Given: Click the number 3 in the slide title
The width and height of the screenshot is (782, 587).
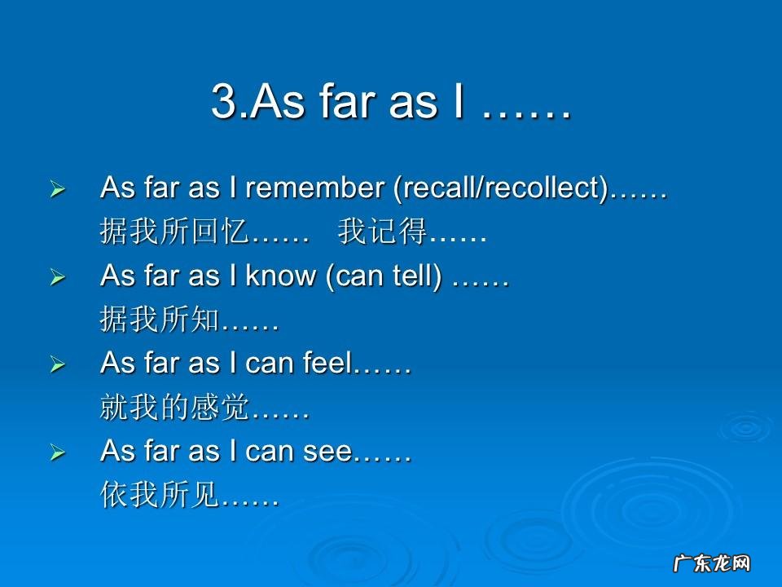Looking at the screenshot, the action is coord(224,101).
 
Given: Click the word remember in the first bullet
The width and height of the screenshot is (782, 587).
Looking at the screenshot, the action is coord(315,188).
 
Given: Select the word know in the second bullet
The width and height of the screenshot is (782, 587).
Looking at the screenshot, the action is coord(281,275).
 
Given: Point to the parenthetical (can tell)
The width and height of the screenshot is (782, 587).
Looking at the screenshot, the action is coord(384,276).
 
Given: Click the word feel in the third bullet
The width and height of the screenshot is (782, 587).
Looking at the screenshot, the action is coord(327,362).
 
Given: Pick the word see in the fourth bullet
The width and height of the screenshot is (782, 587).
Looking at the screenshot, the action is coord(327,451).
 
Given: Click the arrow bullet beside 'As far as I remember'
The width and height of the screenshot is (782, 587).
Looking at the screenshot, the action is coord(58,189).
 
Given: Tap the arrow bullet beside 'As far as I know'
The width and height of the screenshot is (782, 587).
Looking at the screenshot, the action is coord(58,277).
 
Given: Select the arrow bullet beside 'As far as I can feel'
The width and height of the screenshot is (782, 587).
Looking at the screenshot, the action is coord(58,364).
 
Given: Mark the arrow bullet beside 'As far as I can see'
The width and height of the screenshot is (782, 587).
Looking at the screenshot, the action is coord(58,452).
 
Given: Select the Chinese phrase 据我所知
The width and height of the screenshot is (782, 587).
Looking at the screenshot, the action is coord(160,319).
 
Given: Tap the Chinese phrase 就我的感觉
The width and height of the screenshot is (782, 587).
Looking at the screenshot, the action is coord(174,407).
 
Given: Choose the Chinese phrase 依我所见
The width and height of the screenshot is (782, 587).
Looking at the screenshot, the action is coord(160,495).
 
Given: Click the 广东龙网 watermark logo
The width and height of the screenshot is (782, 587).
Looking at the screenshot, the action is coord(712,563).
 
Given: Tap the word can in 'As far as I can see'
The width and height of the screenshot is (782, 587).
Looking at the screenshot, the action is coord(270,451).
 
